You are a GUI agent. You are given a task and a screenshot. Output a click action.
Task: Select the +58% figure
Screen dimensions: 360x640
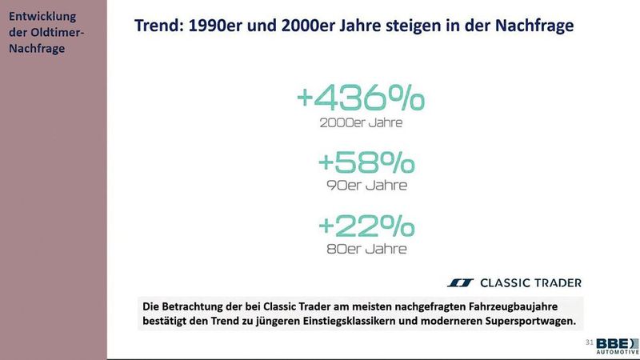366,162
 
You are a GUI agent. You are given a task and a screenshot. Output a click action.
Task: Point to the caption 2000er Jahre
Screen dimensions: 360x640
361,123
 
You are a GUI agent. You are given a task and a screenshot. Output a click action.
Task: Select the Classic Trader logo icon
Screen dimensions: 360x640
460,282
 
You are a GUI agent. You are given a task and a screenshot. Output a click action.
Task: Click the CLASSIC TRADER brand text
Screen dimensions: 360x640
530,282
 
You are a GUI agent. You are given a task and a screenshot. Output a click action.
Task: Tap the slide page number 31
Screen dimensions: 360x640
590,342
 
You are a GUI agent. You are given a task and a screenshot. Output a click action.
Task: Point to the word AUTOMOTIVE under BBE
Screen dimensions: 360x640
622,352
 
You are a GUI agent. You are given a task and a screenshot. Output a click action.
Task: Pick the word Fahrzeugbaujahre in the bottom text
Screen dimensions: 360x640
526,306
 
